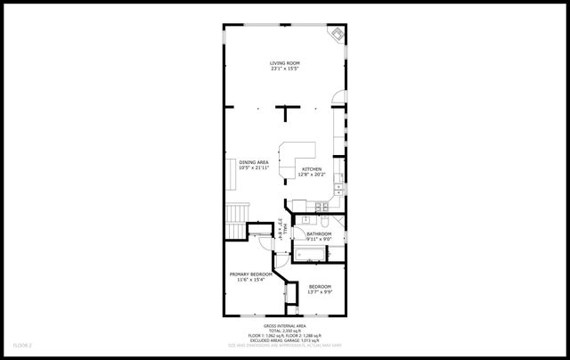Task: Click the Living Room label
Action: click(285, 62)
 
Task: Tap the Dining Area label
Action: click(253, 161)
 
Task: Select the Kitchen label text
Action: click(312, 169)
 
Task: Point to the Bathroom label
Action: click(319, 233)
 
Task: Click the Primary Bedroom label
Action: click(250, 274)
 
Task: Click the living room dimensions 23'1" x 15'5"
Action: click(285, 69)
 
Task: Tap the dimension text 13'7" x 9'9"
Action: click(319, 291)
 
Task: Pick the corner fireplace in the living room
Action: click(338, 33)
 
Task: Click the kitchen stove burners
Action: click(339, 187)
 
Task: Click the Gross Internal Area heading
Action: click(285, 327)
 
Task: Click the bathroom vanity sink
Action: click(305, 219)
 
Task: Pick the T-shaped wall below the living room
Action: click(286, 110)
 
